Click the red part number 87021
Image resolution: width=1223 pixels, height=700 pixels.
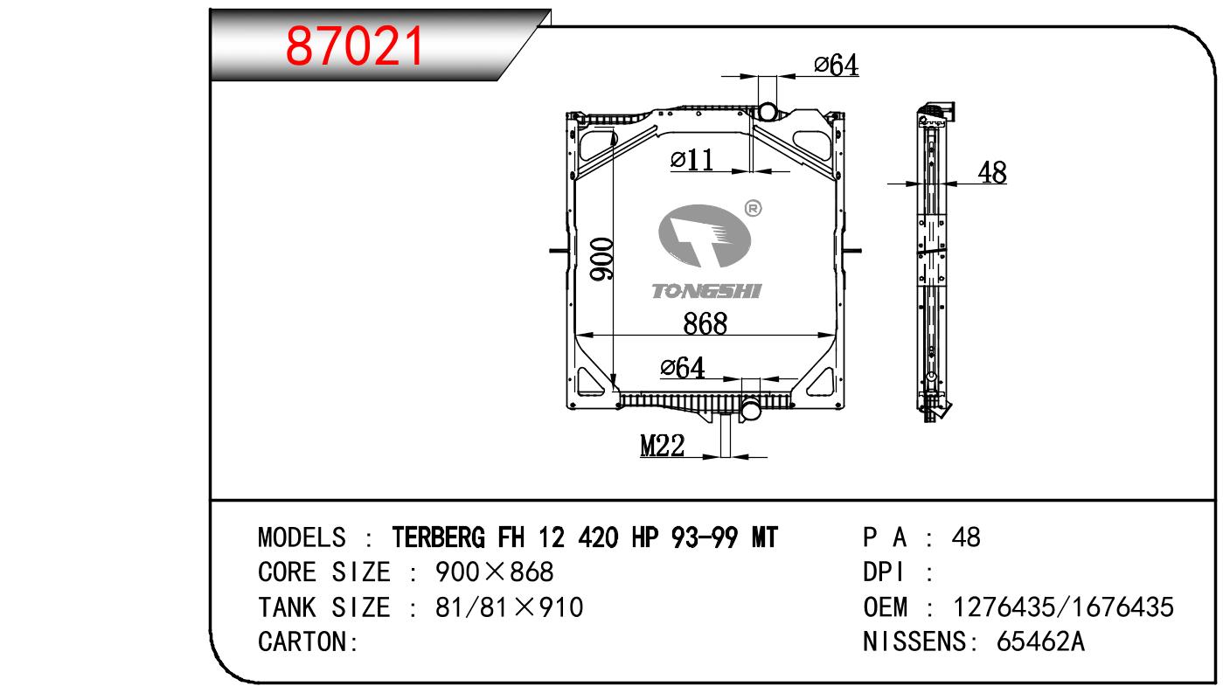355,46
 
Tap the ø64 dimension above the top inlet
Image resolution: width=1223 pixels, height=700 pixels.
836,65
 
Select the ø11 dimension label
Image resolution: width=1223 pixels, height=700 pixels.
691,160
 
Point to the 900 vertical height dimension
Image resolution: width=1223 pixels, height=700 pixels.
601,260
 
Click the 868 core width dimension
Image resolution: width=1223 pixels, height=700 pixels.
705,323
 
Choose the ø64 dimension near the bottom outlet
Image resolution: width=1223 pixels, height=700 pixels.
683,367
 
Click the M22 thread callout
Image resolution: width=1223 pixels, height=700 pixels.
663,446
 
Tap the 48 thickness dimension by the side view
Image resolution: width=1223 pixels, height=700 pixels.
992,172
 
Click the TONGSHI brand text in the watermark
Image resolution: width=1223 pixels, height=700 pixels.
706,291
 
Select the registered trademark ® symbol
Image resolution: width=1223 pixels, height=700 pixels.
753,208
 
